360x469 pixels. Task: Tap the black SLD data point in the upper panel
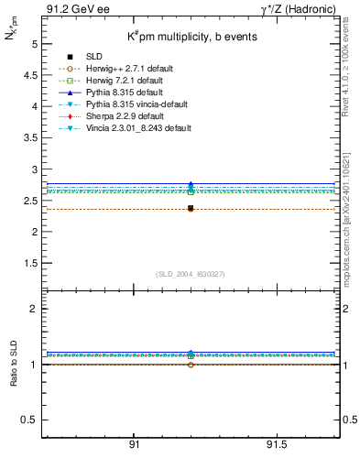(x=191, y=209)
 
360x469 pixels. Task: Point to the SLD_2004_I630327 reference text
(x=190, y=274)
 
